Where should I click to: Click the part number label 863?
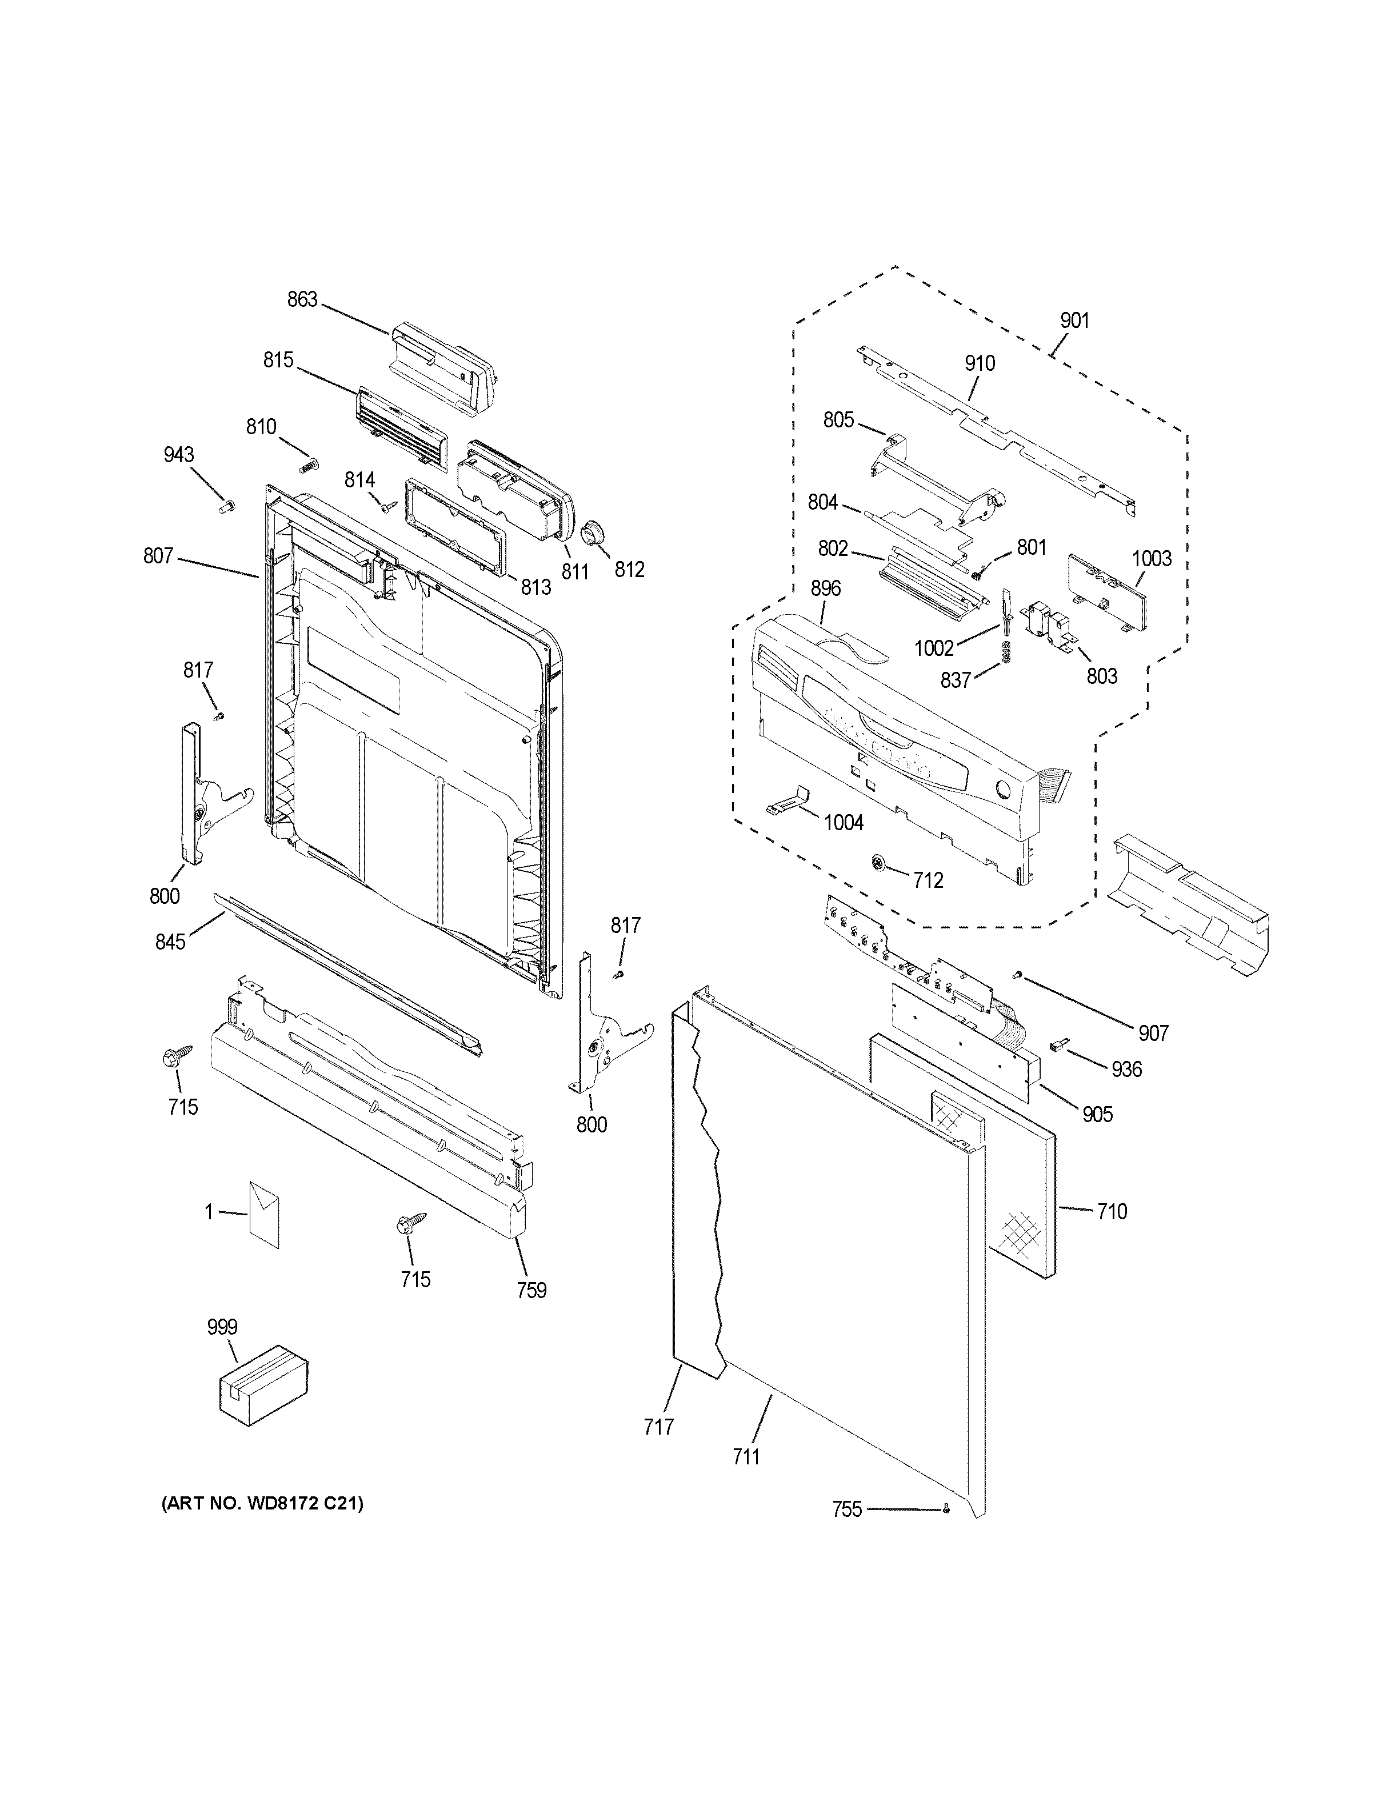pyautogui.click(x=302, y=299)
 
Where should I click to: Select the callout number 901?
pyautogui.click(x=1074, y=321)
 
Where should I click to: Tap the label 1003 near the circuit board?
pyautogui.click(x=1152, y=559)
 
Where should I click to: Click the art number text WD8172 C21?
pyautogui.click(x=262, y=1503)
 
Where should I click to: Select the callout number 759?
pyautogui.click(x=531, y=1291)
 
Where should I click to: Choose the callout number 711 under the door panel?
pyautogui.click(x=746, y=1457)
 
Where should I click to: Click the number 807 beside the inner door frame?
pyautogui.click(x=158, y=556)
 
